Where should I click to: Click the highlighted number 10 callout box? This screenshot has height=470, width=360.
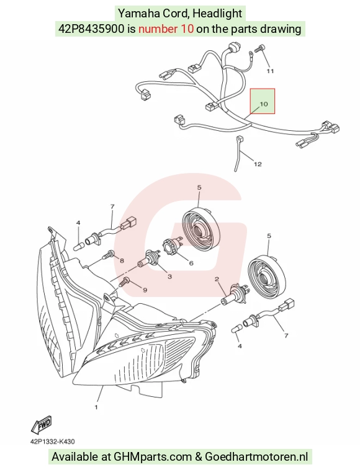click(263, 101)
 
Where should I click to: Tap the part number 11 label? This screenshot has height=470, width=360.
click(270, 71)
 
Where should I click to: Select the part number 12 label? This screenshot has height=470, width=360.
click(258, 164)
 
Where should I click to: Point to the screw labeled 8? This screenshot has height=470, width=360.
click(109, 255)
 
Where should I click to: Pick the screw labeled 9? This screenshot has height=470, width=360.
click(125, 282)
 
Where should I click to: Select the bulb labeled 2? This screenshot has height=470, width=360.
click(236, 295)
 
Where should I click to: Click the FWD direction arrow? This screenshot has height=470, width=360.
click(42, 425)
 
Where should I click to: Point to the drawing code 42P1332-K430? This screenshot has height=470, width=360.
click(53, 441)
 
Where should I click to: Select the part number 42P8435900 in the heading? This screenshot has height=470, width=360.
click(91, 29)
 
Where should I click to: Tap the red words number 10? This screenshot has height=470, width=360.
click(166, 29)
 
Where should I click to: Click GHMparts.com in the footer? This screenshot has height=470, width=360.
click(153, 457)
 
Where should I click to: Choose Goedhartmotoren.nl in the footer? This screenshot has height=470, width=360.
click(256, 457)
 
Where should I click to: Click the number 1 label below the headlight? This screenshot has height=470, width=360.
click(96, 407)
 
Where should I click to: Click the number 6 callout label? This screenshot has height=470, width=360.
click(191, 264)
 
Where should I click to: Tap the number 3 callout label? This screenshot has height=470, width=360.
click(170, 276)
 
